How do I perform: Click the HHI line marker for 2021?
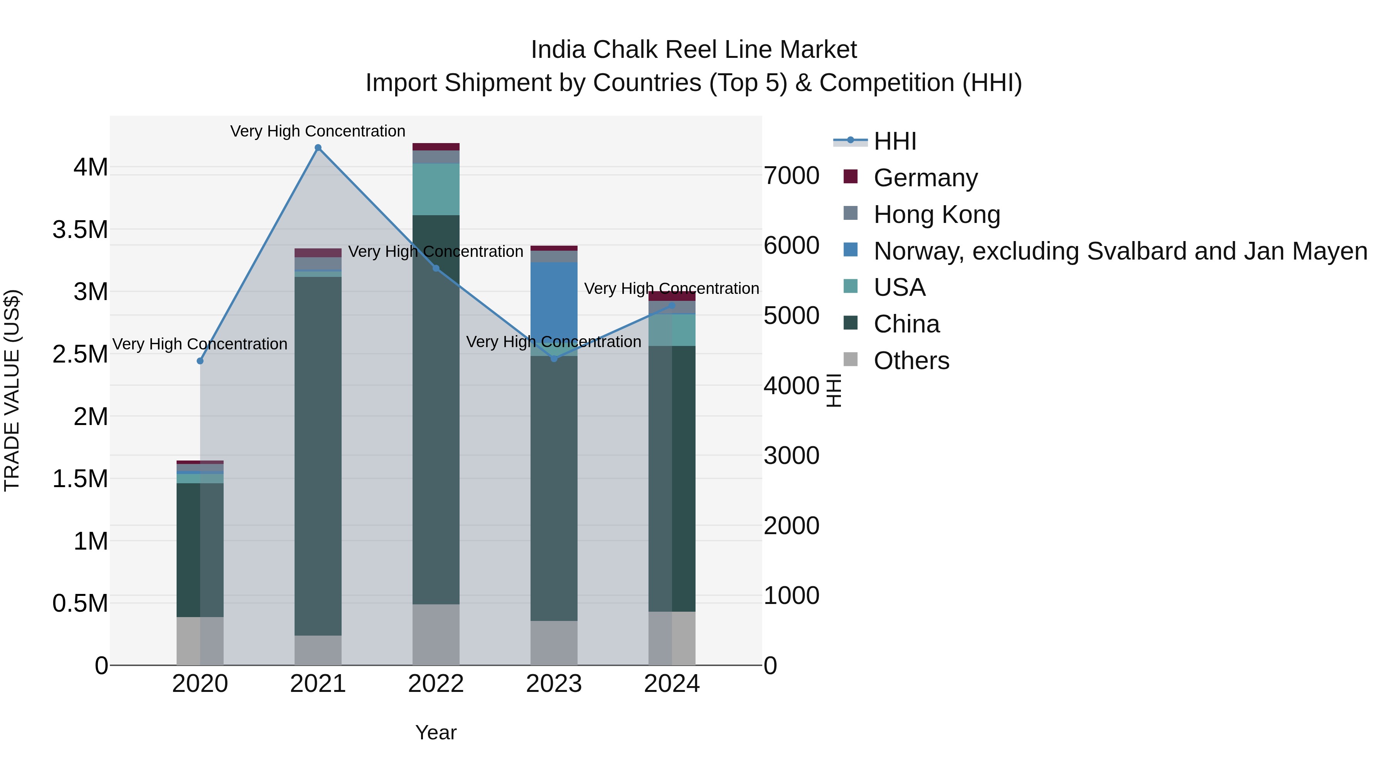(x=318, y=148)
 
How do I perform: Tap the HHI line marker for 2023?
(x=554, y=358)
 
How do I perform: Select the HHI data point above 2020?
(x=200, y=361)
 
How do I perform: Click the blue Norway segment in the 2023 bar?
(x=554, y=302)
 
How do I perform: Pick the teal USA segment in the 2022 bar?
(x=436, y=189)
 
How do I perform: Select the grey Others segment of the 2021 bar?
(x=318, y=650)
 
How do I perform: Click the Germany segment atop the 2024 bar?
(x=672, y=296)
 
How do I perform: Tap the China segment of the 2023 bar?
(x=554, y=488)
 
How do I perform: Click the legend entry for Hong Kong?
(x=937, y=214)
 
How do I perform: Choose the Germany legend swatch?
(x=850, y=177)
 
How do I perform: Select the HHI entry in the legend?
(x=894, y=141)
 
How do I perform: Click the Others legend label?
(x=911, y=361)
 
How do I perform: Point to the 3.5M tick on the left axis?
(x=80, y=229)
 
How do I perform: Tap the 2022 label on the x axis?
(x=436, y=684)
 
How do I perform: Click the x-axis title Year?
(x=436, y=732)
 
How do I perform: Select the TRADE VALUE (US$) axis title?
(x=12, y=390)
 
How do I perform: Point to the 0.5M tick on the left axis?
(x=80, y=603)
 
